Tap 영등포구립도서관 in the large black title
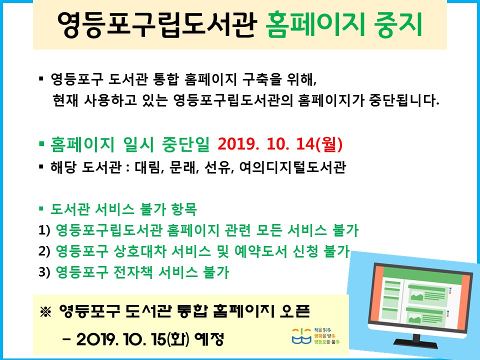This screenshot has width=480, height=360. [156, 24]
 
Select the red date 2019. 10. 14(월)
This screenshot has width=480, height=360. [280, 144]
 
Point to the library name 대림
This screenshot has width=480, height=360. [147, 167]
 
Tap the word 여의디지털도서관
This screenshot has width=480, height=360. [292, 167]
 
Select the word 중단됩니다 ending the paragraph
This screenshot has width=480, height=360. [404, 100]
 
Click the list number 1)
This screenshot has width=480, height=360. [44, 230]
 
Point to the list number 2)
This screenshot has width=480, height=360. [44, 251]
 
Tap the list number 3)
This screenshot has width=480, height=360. [44, 272]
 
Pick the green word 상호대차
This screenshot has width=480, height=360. [139, 251]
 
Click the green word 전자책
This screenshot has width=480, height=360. [133, 272]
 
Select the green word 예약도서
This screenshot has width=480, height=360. [260, 251]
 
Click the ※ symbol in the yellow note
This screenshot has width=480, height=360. [45, 312]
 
